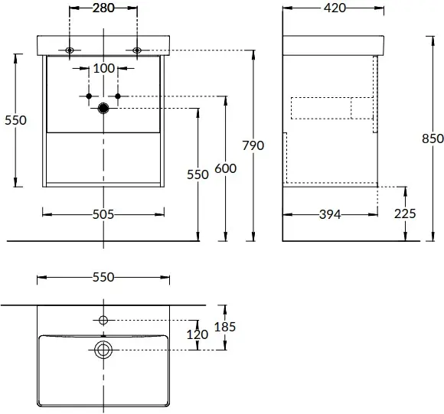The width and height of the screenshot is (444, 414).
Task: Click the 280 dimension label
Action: tap(103, 8)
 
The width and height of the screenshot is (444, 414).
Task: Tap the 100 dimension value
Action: tap(104, 68)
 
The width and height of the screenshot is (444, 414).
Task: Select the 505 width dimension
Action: tap(103, 214)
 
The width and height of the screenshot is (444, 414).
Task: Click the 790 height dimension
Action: tap(253, 145)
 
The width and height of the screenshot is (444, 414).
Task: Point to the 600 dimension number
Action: tap(225, 168)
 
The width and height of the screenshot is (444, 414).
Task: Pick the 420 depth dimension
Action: tap(335, 8)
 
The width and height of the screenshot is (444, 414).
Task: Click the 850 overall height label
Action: tap(433, 139)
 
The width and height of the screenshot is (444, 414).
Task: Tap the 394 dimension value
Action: tap(330, 214)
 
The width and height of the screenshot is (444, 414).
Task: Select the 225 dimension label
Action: tap(405, 214)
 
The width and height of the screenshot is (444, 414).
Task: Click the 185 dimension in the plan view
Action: tap(225, 327)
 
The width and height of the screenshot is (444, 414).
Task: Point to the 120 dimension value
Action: tap(198, 334)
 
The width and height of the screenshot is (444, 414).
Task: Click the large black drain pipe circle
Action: tap(103, 108)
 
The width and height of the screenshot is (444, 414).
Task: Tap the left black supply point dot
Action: tap(89, 96)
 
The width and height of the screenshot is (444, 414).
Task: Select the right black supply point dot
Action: tap(118, 96)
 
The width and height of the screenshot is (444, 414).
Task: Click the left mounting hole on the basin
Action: tap(70, 51)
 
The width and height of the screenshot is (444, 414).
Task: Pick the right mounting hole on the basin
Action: tap(137, 51)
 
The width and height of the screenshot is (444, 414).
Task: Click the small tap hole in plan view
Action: tap(103, 321)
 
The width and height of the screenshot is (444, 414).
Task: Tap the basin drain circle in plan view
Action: tap(103, 350)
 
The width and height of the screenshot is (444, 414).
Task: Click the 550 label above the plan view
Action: tap(103, 277)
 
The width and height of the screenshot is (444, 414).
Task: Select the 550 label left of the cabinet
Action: tap(15, 120)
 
